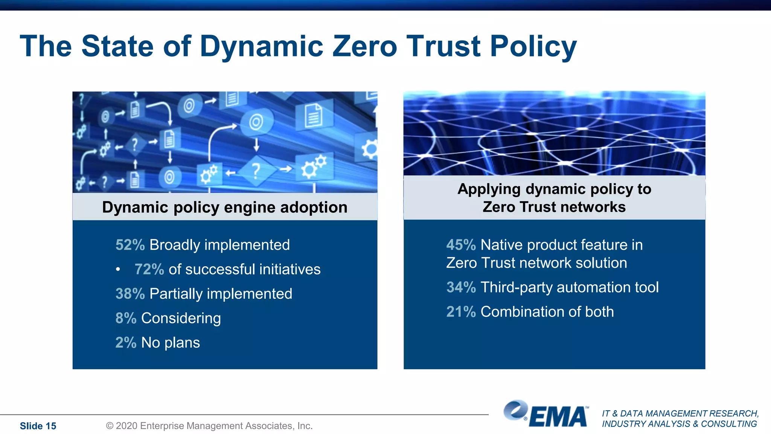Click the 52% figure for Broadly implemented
click(x=130, y=245)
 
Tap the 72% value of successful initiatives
click(x=149, y=269)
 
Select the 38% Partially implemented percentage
click(x=130, y=294)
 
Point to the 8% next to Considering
click(x=126, y=318)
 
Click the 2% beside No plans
click(x=126, y=343)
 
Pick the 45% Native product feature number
click(x=461, y=245)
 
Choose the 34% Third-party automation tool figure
click(x=461, y=287)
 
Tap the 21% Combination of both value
click(x=461, y=312)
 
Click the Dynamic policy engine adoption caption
click(x=225, y=207)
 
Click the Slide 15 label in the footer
click(x=38, y=426)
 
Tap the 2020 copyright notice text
click(x=209, y=426)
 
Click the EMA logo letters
click(x=559, y=417)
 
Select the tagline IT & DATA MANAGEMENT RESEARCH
click(x=680, y=414)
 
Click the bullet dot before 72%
click(x=118, y=269)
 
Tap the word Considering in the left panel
click(x=181, y=318)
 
